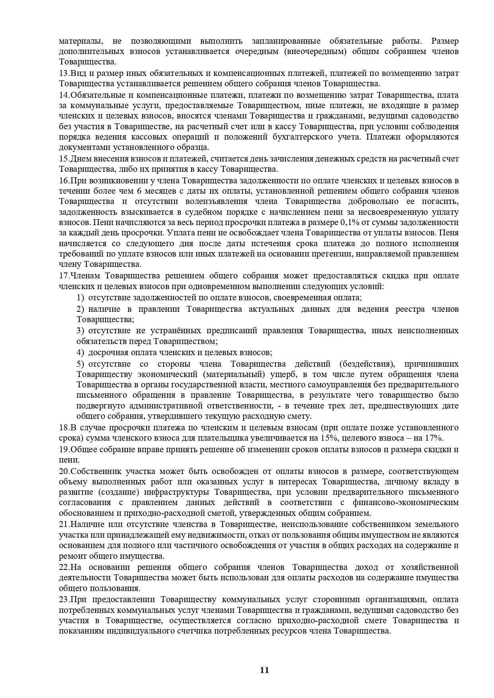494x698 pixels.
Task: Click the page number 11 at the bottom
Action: (264, 670)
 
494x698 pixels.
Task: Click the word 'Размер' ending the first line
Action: (445, 41)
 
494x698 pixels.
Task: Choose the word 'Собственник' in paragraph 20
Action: (96, 471)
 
